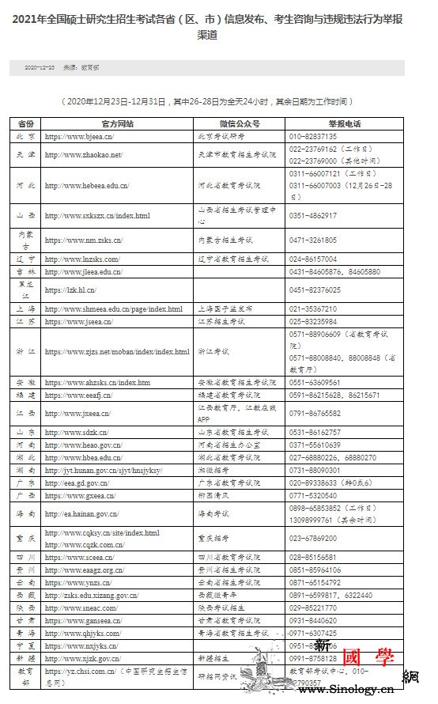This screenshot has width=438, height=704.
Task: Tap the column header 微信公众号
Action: click(x=239, y=124)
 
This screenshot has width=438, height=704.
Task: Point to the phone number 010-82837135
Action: click(x=313, y=136)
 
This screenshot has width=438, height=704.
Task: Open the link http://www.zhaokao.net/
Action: click(x=83, y=154)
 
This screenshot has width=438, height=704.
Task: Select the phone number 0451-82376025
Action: click(x=313, y=290)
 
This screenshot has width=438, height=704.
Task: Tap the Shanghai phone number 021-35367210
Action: click(x=313, y=309)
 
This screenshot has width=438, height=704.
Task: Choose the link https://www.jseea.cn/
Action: click(x=78, y=322)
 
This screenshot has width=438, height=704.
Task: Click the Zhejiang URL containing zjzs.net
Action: click(x=117, y=352)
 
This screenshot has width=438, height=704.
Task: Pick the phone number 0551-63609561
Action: click(x=313, y=382)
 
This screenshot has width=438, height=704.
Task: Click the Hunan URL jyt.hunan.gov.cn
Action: click(x=103, y=470)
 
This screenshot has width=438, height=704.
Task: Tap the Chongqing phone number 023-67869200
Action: click(x=313, y=538)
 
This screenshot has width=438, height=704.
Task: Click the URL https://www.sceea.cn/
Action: click(x=78, y=557)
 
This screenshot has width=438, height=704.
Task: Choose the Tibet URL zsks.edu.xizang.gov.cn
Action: click(x=91, y=595)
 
